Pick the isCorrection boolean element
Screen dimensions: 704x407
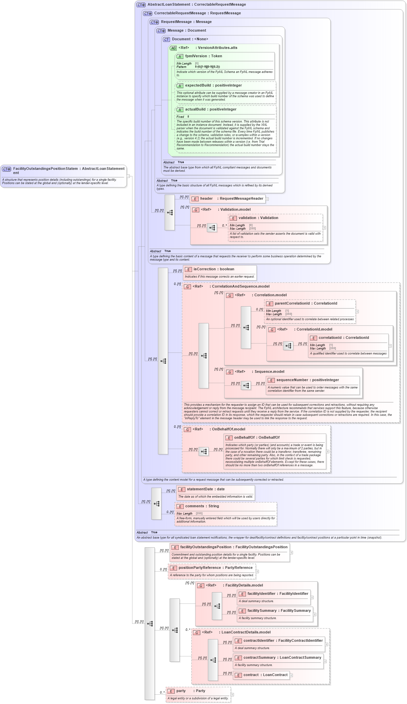coord(214,269)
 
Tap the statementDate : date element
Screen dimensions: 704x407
coord(205,489)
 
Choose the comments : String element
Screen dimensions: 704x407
coord(202,506)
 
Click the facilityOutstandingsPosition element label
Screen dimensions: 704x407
coord(206,547)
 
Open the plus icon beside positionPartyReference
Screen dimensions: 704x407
coord(257,572)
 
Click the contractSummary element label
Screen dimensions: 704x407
coord(259,658)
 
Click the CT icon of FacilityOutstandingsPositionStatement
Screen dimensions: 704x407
coord(7,169)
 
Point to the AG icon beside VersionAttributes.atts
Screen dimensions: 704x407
coord(173,48)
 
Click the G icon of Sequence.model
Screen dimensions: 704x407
coord(230,372)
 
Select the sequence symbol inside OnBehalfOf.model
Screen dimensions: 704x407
coord(204,452)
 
